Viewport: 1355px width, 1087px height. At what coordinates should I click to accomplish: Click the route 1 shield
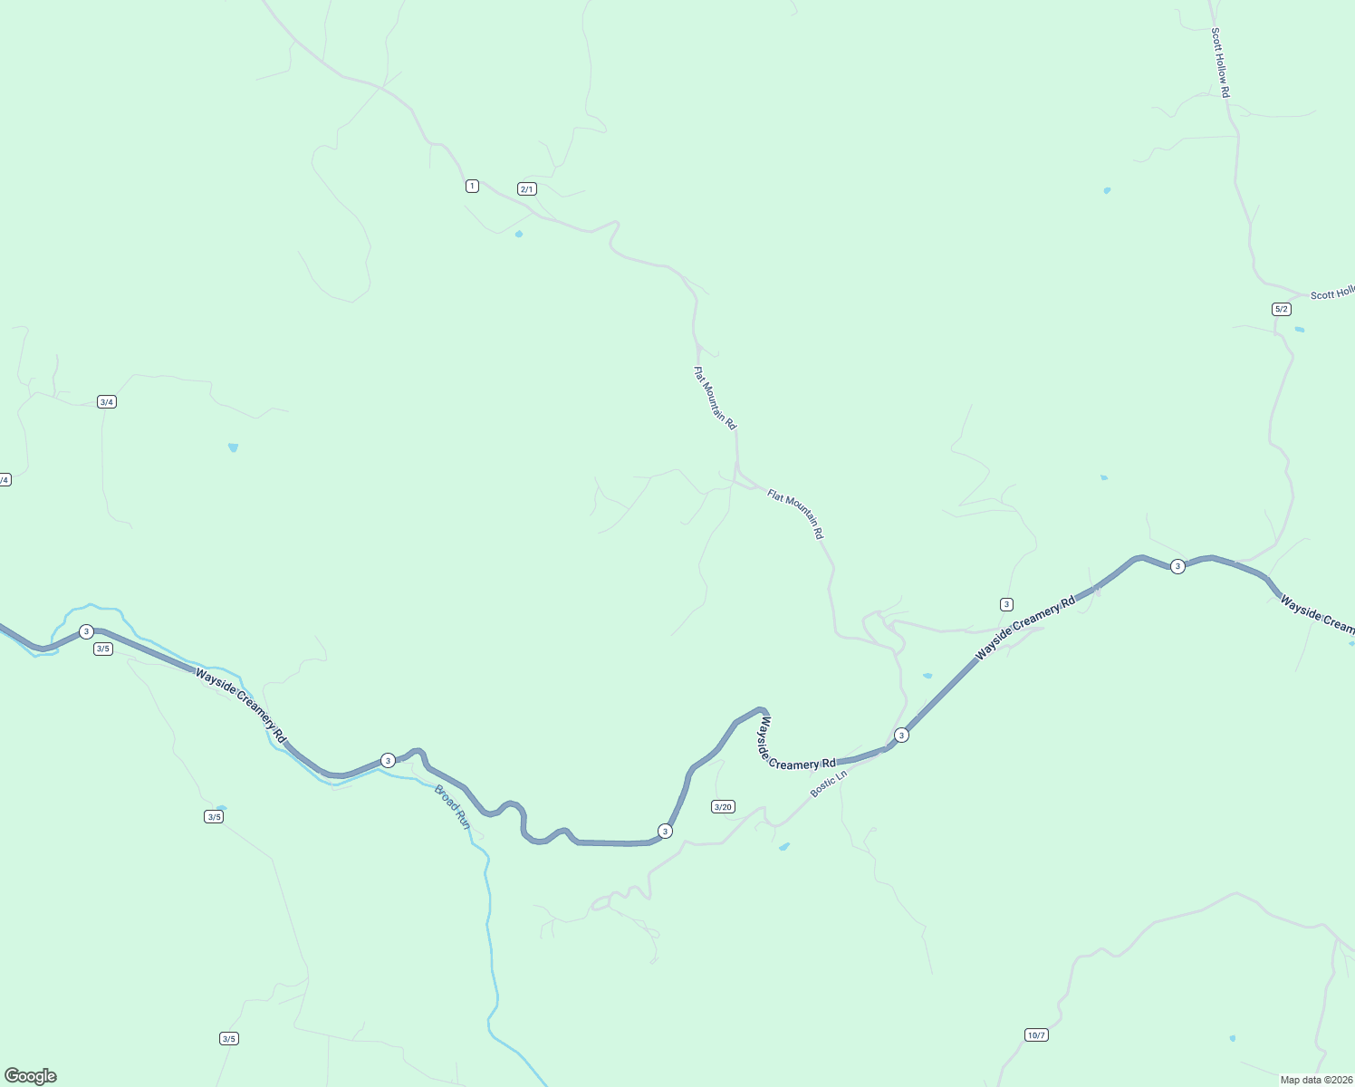(472, 186)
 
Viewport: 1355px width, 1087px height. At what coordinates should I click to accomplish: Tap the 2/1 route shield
(527, 189)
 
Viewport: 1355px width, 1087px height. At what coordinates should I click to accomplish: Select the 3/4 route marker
(107, 401)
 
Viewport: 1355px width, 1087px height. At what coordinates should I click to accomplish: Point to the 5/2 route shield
(1282, 309)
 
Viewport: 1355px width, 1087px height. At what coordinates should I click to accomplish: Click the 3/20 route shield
(723, 807)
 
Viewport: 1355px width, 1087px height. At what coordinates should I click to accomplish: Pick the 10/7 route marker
(1037, 1034)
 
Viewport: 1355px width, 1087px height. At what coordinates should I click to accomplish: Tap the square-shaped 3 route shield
(1006, 604)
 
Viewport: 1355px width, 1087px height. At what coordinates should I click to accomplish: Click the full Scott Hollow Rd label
(1220, 63)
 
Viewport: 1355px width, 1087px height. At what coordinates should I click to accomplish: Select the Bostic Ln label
(829, 783)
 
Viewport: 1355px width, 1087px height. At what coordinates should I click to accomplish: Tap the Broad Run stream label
(453, 807)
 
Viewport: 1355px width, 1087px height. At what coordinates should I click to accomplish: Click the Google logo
(31, 1076)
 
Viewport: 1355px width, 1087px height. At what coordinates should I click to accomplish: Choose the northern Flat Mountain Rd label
(715, 398)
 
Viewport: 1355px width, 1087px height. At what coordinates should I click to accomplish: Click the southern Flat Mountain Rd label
(795, 514)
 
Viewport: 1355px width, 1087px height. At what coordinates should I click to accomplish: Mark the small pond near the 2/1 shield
(519, 234)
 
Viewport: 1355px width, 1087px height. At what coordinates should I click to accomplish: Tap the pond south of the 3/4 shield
(234, 447)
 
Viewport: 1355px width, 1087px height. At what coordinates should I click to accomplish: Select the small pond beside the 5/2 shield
(1300, 329)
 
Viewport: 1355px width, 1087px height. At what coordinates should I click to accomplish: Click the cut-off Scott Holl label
(1332, 293)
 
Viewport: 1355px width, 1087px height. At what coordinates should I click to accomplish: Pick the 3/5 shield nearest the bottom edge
(229, 1038)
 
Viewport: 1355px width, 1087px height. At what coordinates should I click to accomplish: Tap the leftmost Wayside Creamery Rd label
(241, 707)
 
